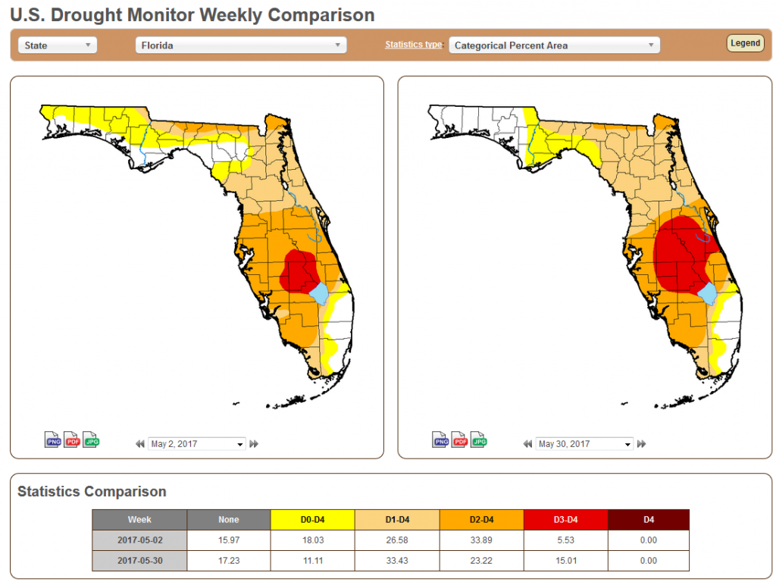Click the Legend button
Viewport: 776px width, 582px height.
pos(745,43)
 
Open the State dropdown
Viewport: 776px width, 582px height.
pos(58,45)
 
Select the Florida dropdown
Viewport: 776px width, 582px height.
pos(240,45)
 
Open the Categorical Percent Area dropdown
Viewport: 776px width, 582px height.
pos(554,45)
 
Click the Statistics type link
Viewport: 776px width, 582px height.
pos(413,45)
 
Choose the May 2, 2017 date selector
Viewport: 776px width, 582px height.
pos(197,444)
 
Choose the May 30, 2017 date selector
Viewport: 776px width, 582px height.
pos(584,444)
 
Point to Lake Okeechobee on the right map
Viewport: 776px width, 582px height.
pos(707,293)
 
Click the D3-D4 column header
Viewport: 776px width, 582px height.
pos(565,520)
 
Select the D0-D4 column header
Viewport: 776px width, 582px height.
pos(312,520)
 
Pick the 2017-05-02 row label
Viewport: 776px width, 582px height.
pos(139,540)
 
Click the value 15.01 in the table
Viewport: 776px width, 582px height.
pos(565,561)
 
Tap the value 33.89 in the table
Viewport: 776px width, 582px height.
pos(480,540)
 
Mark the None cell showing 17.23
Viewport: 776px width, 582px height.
pos(228,561)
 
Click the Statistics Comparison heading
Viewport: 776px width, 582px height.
pos(92,492)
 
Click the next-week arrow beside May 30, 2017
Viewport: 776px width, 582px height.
pos(642,444)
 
